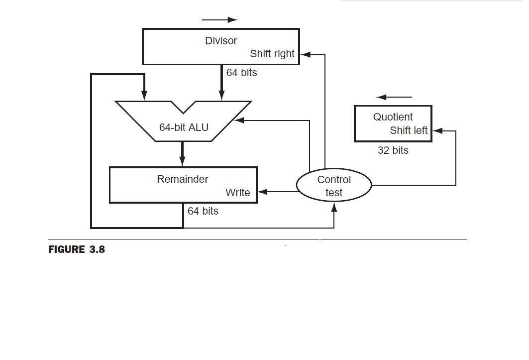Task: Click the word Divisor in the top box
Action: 220,41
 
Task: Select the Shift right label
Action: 272,54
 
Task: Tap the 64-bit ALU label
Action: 184,127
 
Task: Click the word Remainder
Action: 183,179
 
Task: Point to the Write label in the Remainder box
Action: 237,193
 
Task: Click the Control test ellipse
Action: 334,186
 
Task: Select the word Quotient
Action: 393,117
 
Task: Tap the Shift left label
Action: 409,130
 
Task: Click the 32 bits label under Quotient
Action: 393,150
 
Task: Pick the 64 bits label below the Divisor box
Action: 241,73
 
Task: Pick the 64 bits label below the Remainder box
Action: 203,211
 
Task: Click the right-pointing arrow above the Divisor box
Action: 219,20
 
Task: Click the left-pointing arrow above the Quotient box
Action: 394,97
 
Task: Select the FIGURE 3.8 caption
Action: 77,249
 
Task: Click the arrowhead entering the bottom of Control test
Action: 334,207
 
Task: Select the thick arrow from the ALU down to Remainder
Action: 182,154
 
